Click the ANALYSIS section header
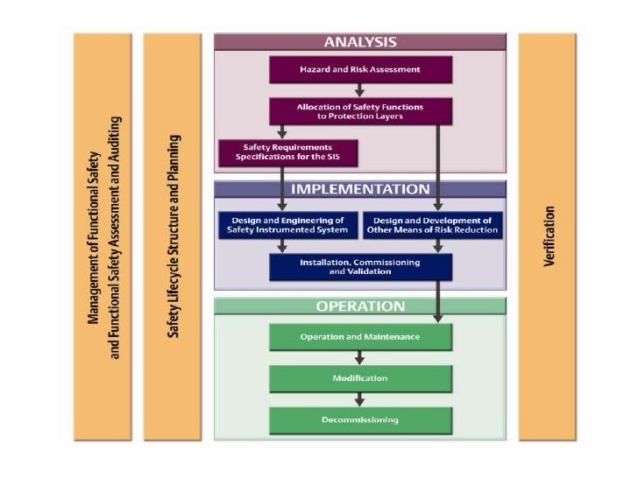[360, 42]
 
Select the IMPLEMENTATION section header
[360, 189]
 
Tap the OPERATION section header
[360, 306]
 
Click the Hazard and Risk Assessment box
[360, 68]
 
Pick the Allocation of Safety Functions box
[360, 110]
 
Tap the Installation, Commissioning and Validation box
[360, 267]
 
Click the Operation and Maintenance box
[360, 337]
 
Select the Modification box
[360, 378]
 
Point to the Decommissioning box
[360, 420]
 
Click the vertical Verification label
[549, 237]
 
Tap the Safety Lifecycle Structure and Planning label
[174, 237]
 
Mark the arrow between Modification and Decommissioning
[360, 399]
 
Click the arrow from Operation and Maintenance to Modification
[360, 357]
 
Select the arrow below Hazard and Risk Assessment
[360, 89]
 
